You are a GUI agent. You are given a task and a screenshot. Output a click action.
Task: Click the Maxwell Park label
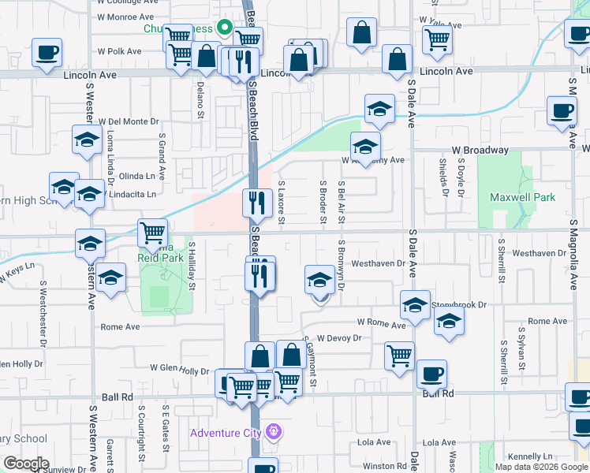point(522,197)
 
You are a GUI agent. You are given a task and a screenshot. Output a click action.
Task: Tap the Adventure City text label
point(228,433)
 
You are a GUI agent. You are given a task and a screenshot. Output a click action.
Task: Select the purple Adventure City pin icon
point(274,432)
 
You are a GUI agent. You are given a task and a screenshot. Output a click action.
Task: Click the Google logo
point(25,464)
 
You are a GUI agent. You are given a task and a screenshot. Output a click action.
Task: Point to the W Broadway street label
point(480,150)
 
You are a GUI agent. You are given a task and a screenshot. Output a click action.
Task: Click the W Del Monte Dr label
point(128,122)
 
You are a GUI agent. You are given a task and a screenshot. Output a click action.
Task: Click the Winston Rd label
point(384,466)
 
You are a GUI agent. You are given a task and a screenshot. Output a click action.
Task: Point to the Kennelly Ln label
point(530,456)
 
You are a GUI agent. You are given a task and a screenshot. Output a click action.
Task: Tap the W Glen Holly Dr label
point(179,370)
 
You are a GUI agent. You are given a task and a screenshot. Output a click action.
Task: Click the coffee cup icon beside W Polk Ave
point(47,52)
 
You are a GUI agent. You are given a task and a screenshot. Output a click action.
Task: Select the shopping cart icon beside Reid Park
point(152,232)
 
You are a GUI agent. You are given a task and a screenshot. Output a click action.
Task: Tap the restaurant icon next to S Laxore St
point(256,203)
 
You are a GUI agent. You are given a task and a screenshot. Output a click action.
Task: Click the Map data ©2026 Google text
point(540,466)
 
